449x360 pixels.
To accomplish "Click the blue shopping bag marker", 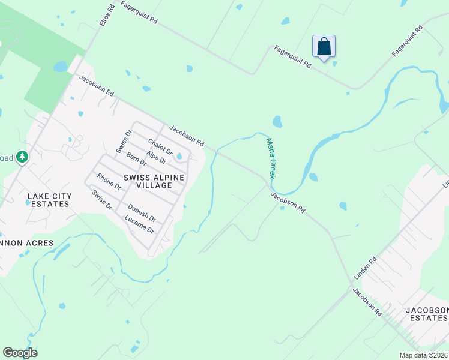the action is click(x=324, y=47).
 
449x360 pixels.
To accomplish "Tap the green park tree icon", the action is click(x=22, y=157).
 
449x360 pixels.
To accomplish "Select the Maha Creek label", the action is click(x=271, y=158).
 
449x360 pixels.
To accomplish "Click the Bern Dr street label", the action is click(x=136, y=160).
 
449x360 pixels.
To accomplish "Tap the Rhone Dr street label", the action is click(x=109, y=182).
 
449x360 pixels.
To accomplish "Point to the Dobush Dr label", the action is click(x=142, y=213).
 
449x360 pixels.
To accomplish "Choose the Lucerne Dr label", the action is click(x=140, y=226).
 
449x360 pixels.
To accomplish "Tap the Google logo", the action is click(x=20, y=353).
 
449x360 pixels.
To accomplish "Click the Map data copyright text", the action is click(x=424, y=355).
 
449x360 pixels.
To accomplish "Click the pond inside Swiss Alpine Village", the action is click(x=179, y=157).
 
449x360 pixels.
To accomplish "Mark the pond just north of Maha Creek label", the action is click(x=277, y=122).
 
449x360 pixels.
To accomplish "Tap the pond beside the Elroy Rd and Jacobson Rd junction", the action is click(x=61, y=67).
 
